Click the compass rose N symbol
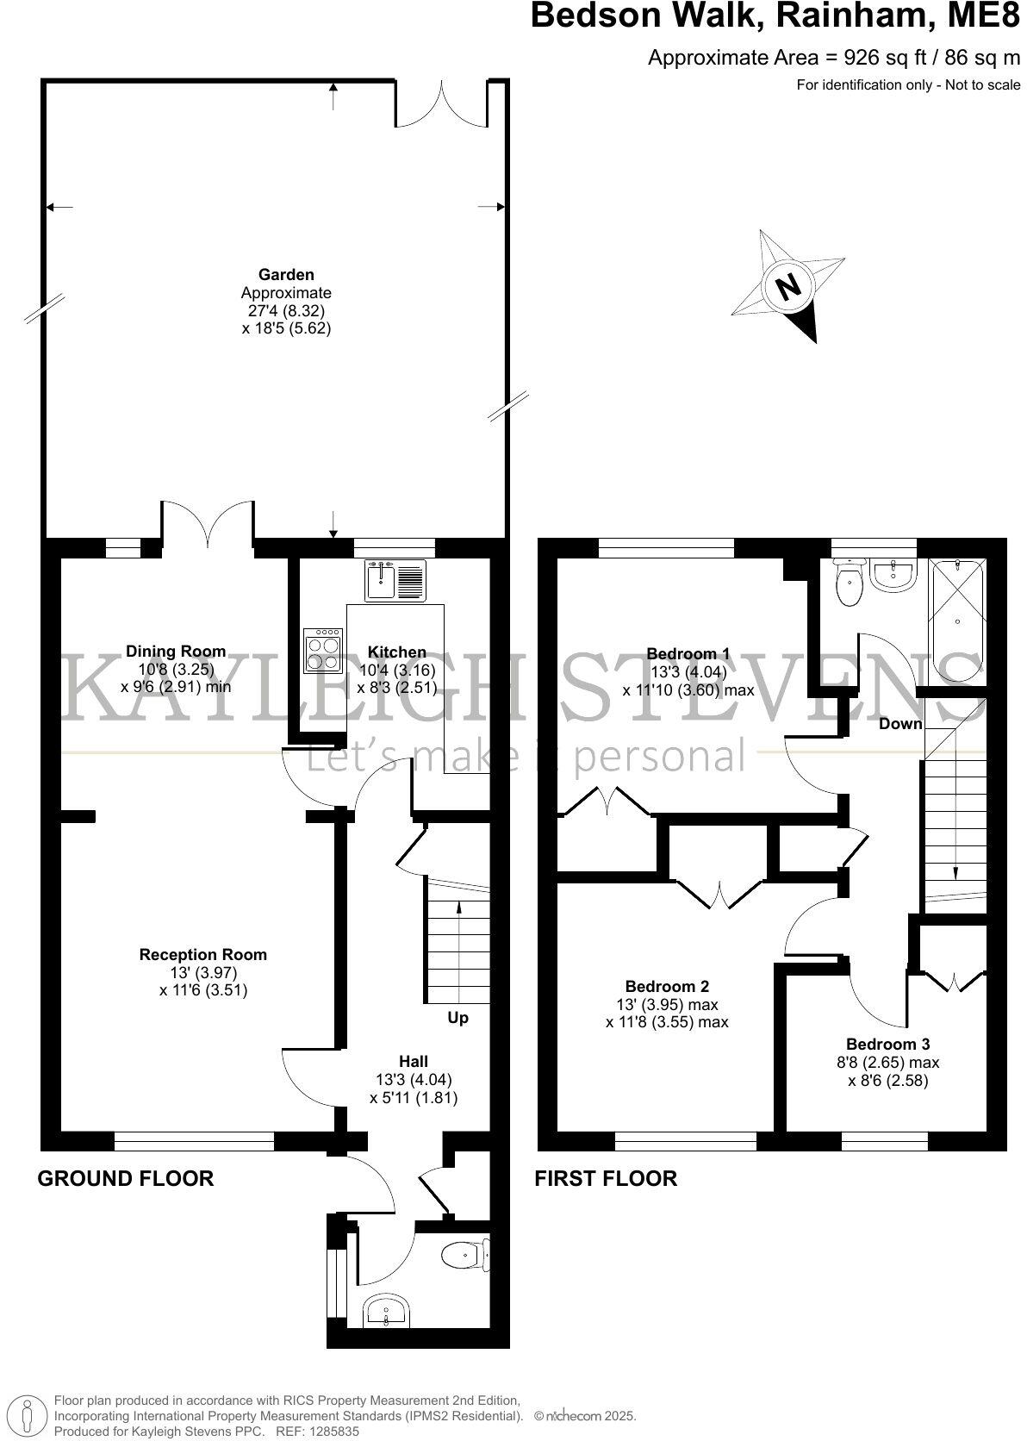tap(787, 286)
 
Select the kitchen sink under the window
tap(395, 579)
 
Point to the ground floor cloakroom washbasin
tap(387, 1313)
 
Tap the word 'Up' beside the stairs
tap(457, 1018)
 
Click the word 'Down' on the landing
tap(900, 723)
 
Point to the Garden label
tap(286, 275)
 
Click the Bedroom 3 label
tap(887, 1044)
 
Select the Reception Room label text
tap(203, 954)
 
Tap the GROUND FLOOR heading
tap(125, 1178)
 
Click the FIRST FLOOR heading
tap(606, 1178)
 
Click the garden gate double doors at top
tap(443, 105)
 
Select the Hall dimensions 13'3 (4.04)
tap(414, 1079)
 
